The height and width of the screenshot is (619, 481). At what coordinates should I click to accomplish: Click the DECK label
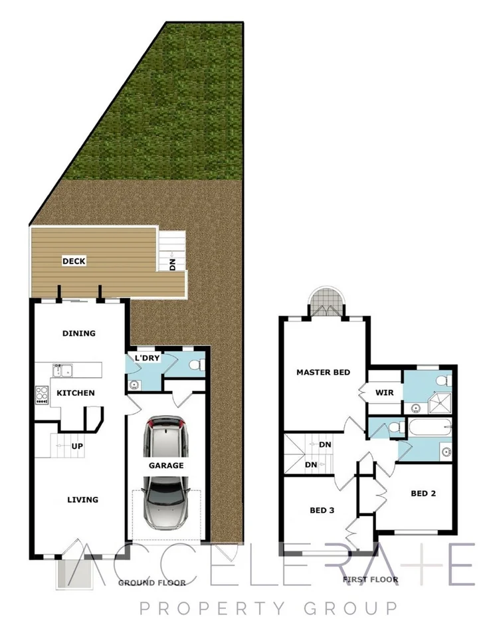tap(73, 261)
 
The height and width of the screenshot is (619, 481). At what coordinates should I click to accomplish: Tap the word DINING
tap(78, 333)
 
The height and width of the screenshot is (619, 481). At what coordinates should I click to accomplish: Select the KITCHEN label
tap(76, 393)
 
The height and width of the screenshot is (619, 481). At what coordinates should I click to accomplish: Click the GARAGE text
tap(166, 466)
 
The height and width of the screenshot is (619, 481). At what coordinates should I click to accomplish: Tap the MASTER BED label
tap(323, 373)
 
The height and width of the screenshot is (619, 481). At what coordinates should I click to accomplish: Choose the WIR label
tap(385, 393)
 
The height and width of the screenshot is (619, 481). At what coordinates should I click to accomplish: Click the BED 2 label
tap(423, 493)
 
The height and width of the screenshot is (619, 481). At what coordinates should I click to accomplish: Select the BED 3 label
tap(322, 511)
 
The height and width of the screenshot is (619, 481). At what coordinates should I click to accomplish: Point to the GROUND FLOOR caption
tap(151, 583)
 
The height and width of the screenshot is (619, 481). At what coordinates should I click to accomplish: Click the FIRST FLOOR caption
tap(370, 580)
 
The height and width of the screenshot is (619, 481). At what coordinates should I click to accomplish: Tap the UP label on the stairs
tap(77, 446)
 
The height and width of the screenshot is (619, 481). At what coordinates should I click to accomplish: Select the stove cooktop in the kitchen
tap(42, 395)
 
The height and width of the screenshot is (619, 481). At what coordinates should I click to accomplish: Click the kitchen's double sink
tap(63, 369)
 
